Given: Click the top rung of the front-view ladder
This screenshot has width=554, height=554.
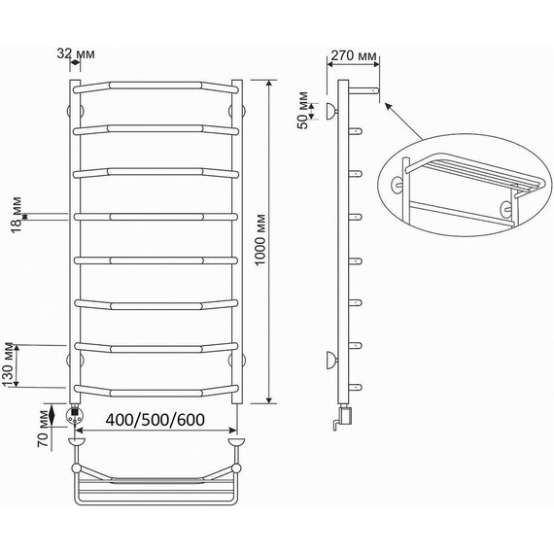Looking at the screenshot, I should [156, 85].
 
